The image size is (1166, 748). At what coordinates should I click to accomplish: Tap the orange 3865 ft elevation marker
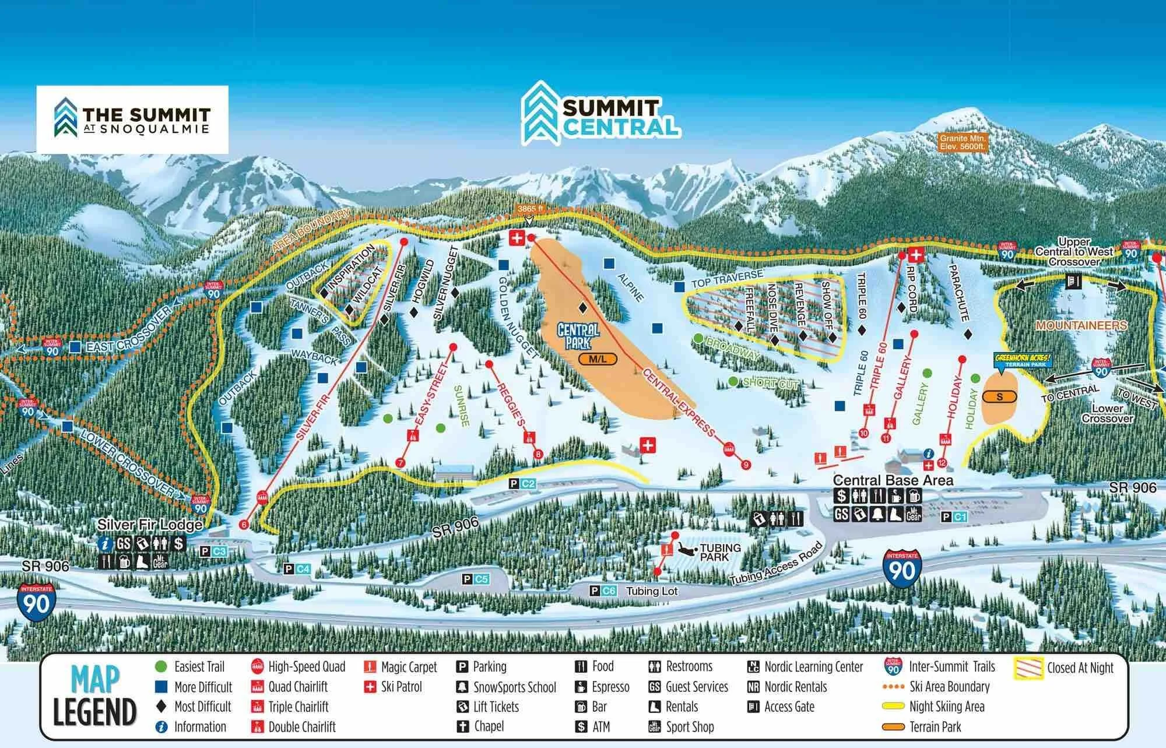tap(529, 208)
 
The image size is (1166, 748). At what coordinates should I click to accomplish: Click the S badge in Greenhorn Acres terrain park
tap(1000, 397)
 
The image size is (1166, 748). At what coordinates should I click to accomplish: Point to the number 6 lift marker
tap(244, 525)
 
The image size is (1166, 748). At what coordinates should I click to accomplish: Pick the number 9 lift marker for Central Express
tap(745, 465)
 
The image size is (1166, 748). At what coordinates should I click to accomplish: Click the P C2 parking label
tap(522, 483)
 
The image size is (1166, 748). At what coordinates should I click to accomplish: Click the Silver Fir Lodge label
tap(150, 524)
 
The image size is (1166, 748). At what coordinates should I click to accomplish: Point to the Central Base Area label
tap(893, 480)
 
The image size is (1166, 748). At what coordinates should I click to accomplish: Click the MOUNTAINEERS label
tap(1081, 325)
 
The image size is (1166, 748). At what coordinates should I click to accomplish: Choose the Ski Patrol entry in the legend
tap(394, 687)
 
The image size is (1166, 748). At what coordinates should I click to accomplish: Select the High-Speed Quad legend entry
tap(298, 667)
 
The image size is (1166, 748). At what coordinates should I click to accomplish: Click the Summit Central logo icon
tap(540, 112)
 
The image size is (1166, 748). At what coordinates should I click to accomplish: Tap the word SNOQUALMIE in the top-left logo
tap(153, 129)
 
